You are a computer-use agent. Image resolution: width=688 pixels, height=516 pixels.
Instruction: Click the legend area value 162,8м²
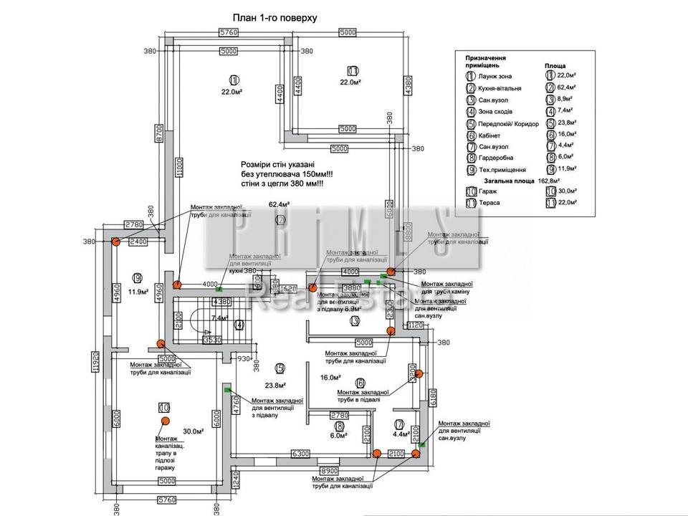click(x=563, y=181)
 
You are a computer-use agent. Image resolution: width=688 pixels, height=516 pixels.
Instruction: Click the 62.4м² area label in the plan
click(x=279, y=205)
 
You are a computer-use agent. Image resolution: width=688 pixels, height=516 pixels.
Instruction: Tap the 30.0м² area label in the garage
click(x=193, y=431)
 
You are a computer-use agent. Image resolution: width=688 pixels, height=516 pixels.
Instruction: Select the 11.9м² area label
click(x=138, y=292)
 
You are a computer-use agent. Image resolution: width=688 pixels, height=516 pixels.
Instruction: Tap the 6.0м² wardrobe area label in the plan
click(x=338, y=435)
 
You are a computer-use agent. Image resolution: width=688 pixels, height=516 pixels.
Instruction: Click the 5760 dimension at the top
click(x=228, y=32)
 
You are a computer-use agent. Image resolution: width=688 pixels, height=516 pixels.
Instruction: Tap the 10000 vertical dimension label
click(x=179, y=166)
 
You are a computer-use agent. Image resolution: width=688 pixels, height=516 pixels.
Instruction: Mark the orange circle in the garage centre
click(x=164, y=407)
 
